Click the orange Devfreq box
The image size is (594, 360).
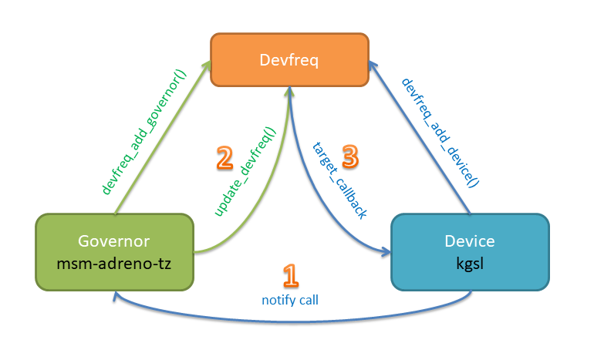[290, 59]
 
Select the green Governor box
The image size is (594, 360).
[113, 252]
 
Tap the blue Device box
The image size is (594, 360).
[470, 252]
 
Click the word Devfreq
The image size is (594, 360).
[290, 59]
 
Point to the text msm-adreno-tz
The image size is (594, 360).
[113, 264]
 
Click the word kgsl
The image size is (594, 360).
[470, 264]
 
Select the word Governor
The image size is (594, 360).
[113, 241]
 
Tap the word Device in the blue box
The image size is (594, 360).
[470, 241]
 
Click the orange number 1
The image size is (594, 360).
[289, 276]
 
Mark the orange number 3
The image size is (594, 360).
[349, 157]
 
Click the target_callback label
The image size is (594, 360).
[339, 182]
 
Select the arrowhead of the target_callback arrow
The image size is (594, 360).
[386, 251]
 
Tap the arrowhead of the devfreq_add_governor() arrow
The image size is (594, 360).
[209, 69]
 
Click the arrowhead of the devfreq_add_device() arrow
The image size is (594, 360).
[372, 69]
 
